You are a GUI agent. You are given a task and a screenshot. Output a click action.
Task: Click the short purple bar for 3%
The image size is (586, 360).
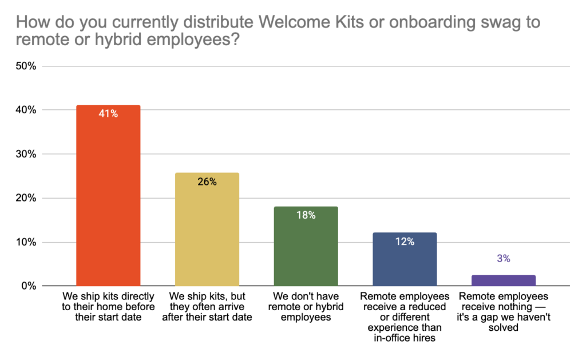[504, 280]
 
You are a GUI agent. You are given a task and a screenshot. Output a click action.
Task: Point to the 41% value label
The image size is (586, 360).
[108, 114]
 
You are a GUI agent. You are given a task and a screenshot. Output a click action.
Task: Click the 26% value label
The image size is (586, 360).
[207, 182]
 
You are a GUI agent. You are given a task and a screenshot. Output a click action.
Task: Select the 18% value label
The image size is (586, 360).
[306, 215]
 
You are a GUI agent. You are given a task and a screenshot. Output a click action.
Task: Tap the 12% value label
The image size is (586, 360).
[405, 242]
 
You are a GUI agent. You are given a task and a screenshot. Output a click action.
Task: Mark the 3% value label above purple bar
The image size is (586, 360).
[504, 259]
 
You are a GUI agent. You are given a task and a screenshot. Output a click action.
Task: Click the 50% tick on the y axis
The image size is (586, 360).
[26, 66]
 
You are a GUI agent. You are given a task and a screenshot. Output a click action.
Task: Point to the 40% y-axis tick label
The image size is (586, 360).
[26, 110]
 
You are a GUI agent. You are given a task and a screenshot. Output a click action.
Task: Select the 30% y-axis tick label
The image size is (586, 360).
[26, 154]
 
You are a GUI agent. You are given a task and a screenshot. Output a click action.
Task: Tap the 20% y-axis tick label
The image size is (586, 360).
[26, 198]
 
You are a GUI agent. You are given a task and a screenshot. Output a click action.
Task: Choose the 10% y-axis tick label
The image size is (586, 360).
[26, 242]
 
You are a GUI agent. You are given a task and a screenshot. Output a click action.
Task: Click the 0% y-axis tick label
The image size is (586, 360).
[29, 286]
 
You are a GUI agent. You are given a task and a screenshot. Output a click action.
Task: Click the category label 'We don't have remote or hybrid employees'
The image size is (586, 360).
[306, 307]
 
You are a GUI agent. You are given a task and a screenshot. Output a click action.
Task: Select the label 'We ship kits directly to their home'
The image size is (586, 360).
[108, 307]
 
